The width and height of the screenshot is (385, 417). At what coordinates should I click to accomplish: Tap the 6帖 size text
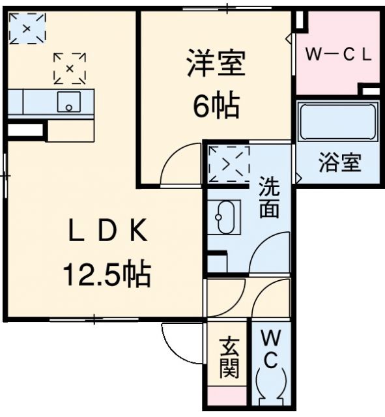point(215,104)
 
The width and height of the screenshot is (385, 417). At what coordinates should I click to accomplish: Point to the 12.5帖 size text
point(107,275)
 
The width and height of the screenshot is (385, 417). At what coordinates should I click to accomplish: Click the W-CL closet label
point(339,55)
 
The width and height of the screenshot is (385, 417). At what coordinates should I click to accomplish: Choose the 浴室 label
point(339,162)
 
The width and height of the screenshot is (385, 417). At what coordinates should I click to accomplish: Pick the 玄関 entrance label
point(228,358)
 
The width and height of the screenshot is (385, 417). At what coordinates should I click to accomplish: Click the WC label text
point(272,349)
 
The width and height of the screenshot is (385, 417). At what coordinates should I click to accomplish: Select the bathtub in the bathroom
point(338,121)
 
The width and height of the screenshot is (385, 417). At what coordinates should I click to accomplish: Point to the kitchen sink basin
point(68,102)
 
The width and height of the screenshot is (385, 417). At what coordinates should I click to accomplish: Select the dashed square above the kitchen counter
point(70,68)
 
